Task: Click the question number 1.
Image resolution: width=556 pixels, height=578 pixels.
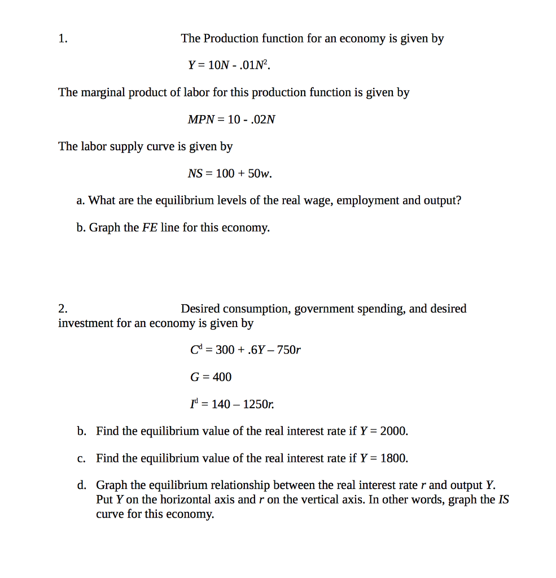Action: tap(62, 39)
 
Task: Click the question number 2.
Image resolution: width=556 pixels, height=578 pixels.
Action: tap(62, 309)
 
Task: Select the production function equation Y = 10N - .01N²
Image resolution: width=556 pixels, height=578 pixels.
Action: tap(229, 65)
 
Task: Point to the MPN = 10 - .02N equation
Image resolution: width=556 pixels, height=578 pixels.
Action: tap(231, 120)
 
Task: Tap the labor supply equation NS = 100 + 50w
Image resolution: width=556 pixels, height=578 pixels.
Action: tap(230, 174)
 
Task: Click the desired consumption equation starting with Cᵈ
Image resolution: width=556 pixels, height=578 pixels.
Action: tap(246, 350)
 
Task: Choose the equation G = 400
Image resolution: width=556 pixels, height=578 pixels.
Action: tap(211, 376)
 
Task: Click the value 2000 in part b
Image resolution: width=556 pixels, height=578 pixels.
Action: tap(393, 431)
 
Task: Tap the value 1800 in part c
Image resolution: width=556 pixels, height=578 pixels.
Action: tap(393, 458)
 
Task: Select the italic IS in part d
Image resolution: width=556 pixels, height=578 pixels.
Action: tap(504, 500)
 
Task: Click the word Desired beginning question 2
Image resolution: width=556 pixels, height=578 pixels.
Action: tap(200, 309)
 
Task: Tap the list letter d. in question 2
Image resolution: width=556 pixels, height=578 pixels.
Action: tap(82, 485)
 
